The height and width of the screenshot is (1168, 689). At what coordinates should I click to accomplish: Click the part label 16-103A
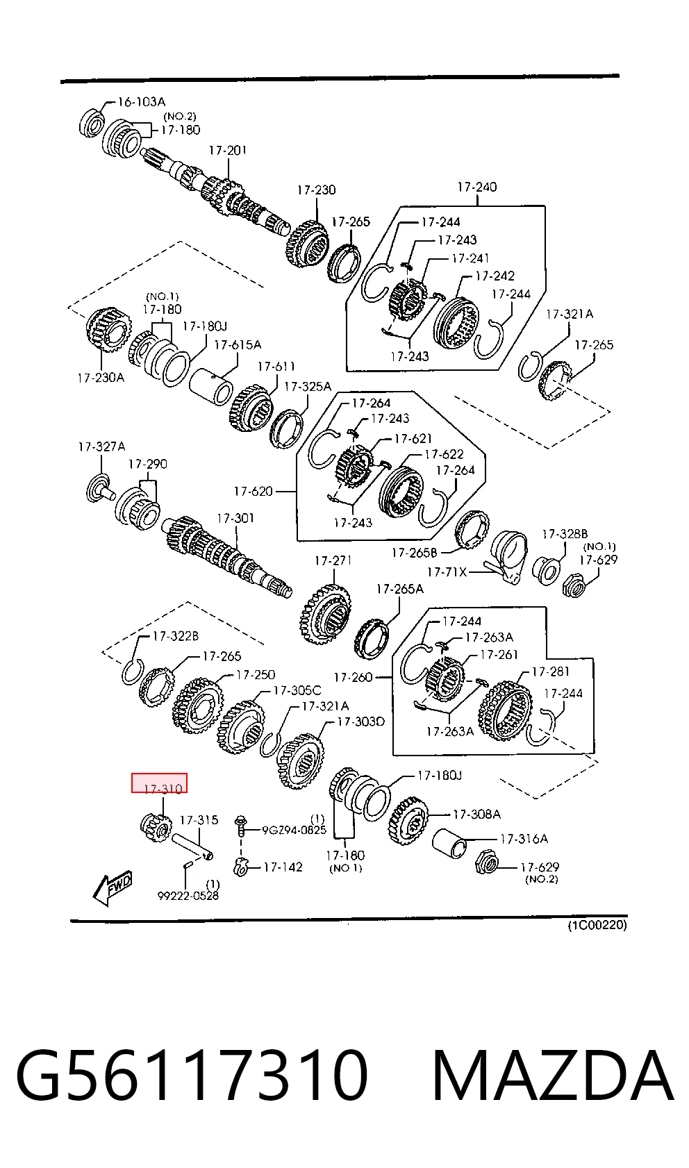click(x=142, y=101)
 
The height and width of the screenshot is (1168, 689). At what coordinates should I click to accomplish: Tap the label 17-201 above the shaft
click(x=228, y=151)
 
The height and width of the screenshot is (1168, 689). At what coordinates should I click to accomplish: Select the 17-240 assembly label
click(x=477, y=187)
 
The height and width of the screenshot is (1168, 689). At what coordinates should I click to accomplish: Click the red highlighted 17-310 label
click(x=159, y=783)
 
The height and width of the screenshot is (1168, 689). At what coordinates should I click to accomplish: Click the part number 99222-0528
click(x=188, y=896)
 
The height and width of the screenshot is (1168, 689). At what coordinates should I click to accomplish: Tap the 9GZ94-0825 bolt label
click(x=294, y=830)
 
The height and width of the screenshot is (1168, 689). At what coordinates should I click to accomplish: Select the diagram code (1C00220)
click(x=597, y=925)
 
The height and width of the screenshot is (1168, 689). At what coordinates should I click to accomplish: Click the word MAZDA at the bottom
click(x=553, y=1075)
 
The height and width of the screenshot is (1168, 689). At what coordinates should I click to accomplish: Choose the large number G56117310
click(x=192, y=1075)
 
